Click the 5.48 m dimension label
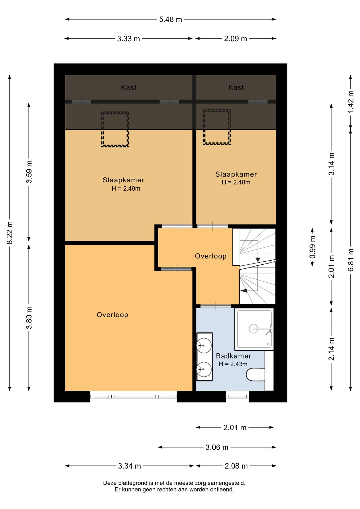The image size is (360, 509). [x=170, y=19]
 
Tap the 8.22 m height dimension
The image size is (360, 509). [x=10, y=232]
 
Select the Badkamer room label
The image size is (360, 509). [x=233, y=356]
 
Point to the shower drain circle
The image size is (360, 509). [x=253, y=328]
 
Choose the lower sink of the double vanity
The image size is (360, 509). [x=204, y=369]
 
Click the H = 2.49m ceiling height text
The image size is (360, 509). [x=126, y=188]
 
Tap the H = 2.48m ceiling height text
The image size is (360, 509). [x=236, y=182]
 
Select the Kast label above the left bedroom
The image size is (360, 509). [x=129, y=87]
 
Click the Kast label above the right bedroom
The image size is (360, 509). [x=236, y=87]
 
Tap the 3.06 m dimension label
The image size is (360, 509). [x=217, y=447]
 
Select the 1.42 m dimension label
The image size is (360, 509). [x=351, y=102]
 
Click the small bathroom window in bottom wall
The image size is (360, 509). [x=238, y=397]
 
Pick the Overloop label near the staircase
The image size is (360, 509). [x=211, y=256]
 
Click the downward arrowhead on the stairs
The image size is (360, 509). [x=258, y=260]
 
